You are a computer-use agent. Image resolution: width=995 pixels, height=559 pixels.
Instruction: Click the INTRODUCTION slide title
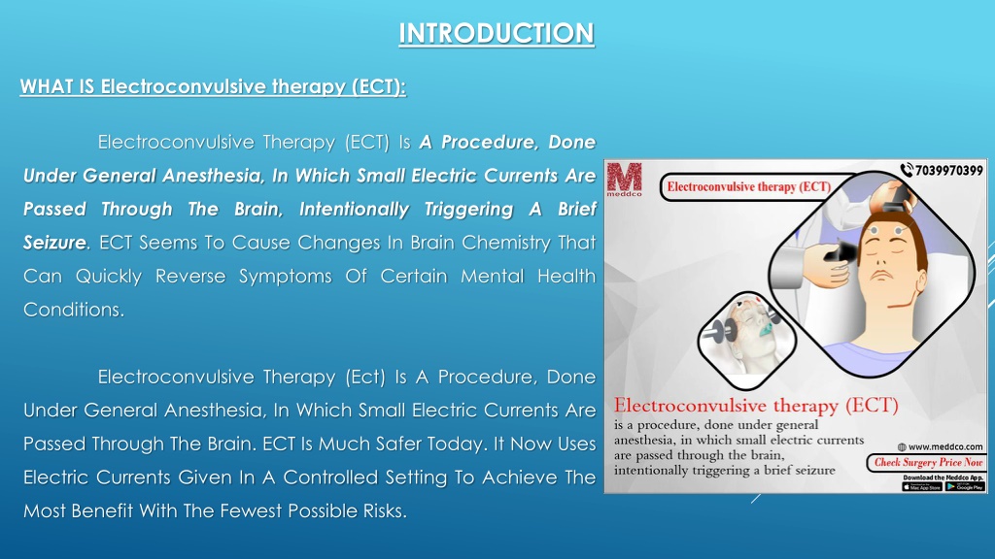point(497,33)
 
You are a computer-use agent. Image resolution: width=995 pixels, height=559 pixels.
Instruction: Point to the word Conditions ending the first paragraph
point(73,310)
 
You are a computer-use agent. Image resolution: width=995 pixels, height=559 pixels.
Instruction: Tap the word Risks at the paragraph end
point(377,510)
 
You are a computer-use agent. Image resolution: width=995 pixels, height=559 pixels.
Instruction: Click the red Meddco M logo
point(624,179)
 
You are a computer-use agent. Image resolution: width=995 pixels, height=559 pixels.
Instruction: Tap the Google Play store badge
point(965,486)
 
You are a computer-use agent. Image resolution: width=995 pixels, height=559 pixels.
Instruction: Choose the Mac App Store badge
point(922,486)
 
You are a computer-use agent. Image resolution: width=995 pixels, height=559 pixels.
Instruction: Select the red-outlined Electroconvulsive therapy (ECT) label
point(747,185)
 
